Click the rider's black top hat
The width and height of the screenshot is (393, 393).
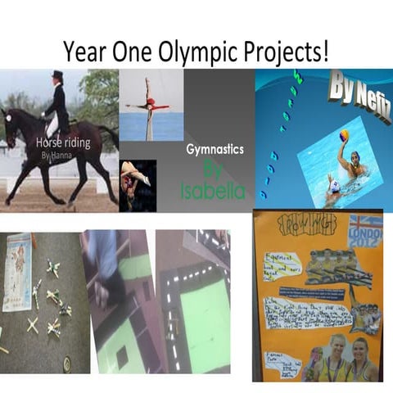click(x=56, y=76)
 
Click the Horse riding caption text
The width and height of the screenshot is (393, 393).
click(x=61, y=142)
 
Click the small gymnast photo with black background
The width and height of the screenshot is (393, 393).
click(x=137, y=184)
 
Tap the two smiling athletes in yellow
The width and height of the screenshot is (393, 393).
click(x=344, y=356)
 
